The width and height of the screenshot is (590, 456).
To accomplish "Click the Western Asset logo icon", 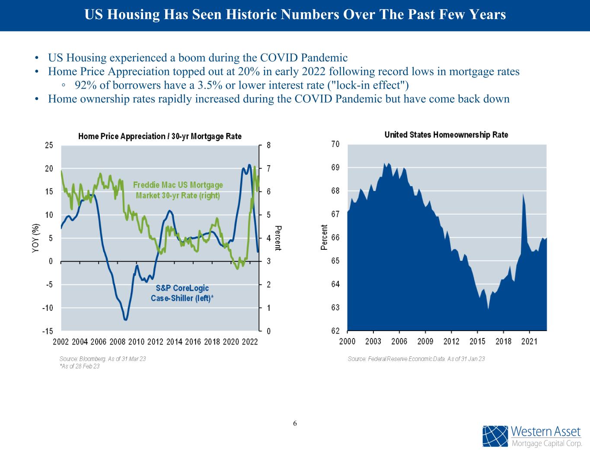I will tap(495, 436).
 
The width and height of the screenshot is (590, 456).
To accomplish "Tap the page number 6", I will tap(295, 423).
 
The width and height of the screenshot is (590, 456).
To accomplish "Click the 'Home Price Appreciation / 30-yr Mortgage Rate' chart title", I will tap(160, 137).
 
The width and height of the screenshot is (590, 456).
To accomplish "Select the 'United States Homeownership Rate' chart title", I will tap(446, 135).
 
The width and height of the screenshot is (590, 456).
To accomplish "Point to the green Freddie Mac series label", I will tap(178, 190).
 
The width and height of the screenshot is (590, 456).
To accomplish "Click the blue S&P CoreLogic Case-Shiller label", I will tap(182, 293).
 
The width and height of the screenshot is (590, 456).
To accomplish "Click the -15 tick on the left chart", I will tap(47, 332).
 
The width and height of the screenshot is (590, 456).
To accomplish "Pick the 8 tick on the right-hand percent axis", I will tap(268, 146).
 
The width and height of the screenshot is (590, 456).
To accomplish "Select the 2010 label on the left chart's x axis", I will tap(136, 342).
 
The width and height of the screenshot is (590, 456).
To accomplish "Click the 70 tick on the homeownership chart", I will tap(335, 144).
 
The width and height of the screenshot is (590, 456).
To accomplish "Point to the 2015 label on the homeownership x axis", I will tap(477, 341).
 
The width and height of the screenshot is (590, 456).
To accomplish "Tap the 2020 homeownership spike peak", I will tap(523, 194).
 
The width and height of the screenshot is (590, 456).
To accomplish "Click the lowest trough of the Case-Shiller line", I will tap(125, 320).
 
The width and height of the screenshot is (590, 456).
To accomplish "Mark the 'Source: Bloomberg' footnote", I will tap(102, 359).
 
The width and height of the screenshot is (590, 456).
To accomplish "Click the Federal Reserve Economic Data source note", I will tap(416, 359).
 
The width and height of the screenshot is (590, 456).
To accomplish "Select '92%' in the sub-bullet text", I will tap(84, 85).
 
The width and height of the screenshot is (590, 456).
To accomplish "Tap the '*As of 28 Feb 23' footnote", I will tap(80, 366).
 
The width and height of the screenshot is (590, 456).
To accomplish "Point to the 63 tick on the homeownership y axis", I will tap(335, 308).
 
